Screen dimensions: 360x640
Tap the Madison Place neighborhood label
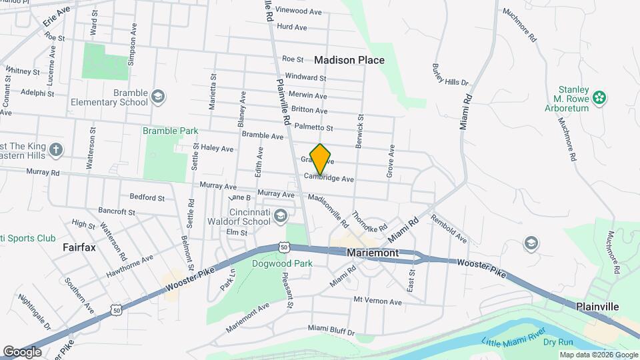tap(349, 60)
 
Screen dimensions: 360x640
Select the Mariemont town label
tap(373, 253)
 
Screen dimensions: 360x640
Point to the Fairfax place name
tap(79, 247)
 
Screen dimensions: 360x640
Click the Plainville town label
tap(598, 306)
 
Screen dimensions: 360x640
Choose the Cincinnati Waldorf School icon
tap(281, 215)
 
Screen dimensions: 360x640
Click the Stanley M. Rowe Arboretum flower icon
tap(600, 98)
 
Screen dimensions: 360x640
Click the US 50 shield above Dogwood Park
tap(284, 247)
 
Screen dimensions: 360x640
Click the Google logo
tap(22, 351)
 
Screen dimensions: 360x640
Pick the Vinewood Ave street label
tap(299, 11)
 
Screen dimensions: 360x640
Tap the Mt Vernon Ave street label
tap(378, 301)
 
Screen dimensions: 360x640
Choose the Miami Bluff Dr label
tap(331, 329)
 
